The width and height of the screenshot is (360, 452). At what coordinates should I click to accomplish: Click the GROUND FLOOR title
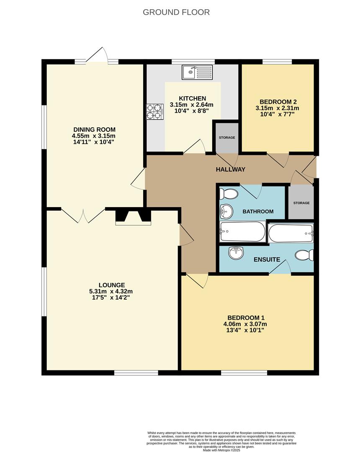point(176,12)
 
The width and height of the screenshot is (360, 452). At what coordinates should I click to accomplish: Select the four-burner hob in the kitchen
point(154,112)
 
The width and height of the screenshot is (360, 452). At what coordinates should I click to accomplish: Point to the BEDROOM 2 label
point(278,102)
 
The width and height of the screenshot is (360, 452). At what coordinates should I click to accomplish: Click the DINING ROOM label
point(94,129)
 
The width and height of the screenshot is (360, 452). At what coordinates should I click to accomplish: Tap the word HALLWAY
point(230,169)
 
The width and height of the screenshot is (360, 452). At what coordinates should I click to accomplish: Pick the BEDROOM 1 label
point(246,318)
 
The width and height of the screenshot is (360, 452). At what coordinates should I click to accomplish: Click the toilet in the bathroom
point(229,194)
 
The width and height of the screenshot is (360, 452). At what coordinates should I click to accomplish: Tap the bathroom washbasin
point(226,211)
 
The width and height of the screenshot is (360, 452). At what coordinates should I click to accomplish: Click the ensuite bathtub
point(291,233)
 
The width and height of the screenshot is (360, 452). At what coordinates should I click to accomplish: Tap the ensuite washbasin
point(236,252)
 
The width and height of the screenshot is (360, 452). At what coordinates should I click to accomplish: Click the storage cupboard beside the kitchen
point(226,138)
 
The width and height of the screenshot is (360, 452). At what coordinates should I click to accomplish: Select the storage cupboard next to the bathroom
point(301,203)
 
